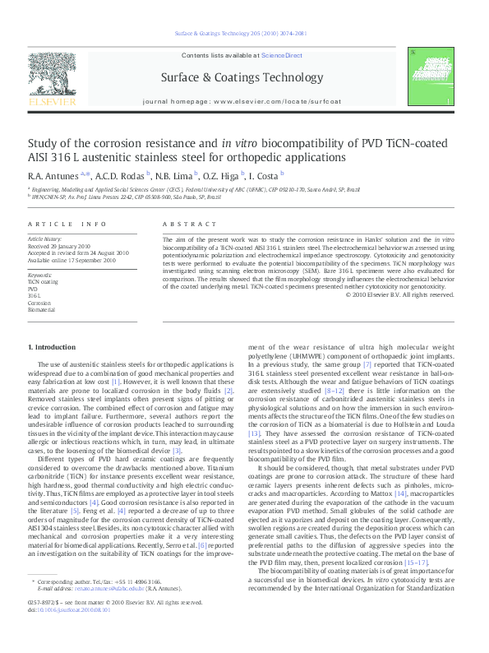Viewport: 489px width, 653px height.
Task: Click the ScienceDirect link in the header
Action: pyautogui.click(x=282, y=55)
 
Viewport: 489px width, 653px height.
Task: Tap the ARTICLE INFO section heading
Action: pyautogui.click(x=67, y=224)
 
